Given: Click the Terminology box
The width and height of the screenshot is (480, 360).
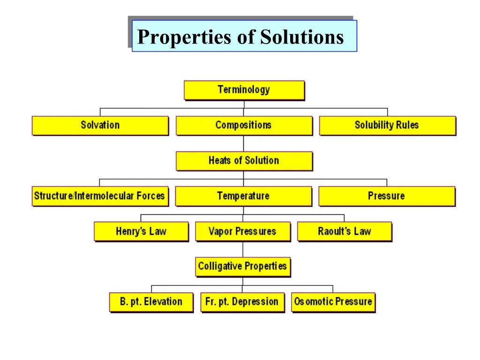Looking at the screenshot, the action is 244,90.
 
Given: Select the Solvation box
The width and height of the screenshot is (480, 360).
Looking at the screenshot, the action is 100,126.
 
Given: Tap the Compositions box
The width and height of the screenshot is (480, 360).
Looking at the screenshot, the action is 244,126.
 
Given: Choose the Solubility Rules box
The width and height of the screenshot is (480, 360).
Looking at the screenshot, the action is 388,126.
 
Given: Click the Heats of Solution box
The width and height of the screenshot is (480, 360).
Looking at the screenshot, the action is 244,161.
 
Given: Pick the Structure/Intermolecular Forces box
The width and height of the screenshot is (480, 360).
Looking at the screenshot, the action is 100,196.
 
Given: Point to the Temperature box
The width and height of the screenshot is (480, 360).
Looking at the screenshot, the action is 244,196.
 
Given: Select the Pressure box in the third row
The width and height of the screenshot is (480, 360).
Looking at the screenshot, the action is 387,196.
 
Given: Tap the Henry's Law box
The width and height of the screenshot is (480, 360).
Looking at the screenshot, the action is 142,232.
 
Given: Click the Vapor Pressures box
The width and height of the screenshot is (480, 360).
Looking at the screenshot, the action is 243,232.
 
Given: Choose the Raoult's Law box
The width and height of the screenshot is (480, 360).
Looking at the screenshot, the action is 345,232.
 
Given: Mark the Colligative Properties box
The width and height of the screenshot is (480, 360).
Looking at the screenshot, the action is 243,267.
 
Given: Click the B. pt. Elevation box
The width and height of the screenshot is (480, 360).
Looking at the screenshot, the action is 151,302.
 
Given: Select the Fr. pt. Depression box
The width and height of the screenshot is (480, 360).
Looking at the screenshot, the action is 242,302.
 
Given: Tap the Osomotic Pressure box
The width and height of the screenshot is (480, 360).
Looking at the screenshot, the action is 333,302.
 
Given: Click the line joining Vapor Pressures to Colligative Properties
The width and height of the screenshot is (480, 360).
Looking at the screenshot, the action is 243,249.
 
